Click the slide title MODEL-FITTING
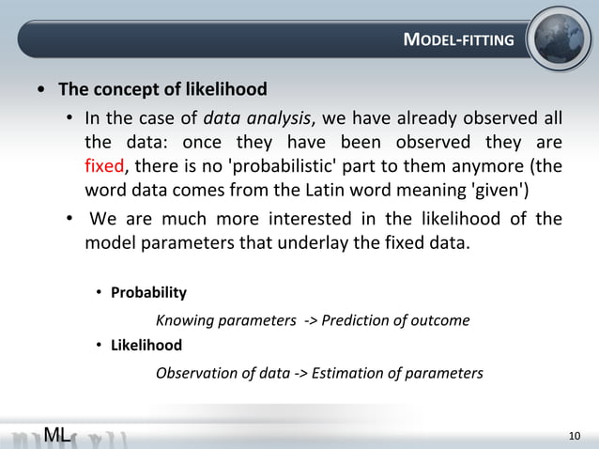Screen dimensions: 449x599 coord(458,39)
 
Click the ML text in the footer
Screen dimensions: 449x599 coord(56,434)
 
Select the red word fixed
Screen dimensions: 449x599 coord(103,167)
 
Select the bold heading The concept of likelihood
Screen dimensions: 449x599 coord(162,89)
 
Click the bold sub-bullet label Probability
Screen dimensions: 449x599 coord(148,292)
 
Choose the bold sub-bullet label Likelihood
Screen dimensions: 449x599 coord(146,345)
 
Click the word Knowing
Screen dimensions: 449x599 coord(183,320)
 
